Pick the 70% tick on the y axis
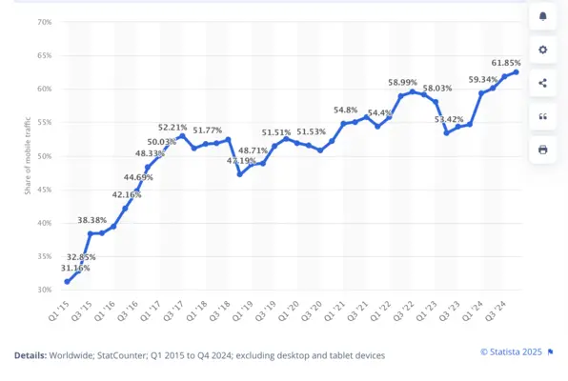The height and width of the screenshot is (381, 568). click(44, 22)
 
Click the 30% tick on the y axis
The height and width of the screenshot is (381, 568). click(44, 290)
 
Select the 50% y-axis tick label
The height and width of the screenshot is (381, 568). click(44, 156)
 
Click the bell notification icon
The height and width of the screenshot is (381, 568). click(542, 16)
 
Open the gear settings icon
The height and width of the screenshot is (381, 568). click(542, 50)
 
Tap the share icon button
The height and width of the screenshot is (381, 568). click(542, 83)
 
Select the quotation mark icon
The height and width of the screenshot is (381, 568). click(542, 116)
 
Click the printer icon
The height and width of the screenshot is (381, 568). click(542, 150)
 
